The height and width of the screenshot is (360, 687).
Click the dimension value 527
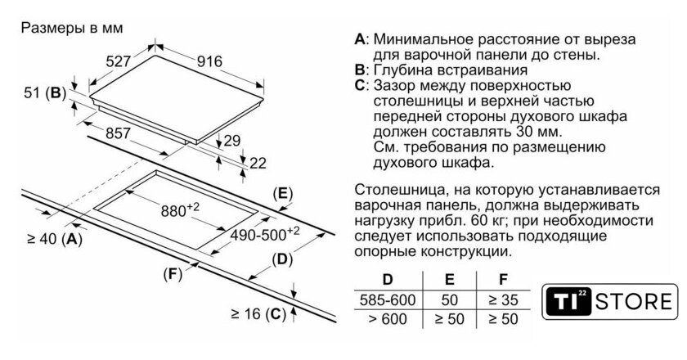click(120, 60)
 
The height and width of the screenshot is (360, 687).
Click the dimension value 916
click(211, 60)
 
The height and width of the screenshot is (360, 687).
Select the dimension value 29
click(232, 141)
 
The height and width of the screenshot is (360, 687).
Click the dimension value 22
click(258, 163)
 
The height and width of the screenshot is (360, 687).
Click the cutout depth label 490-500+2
click(262, 232)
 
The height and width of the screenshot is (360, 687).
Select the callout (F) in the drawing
click(172, 273)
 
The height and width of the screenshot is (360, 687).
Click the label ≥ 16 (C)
click(258, 312)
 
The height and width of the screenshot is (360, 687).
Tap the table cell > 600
click(383, 317)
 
